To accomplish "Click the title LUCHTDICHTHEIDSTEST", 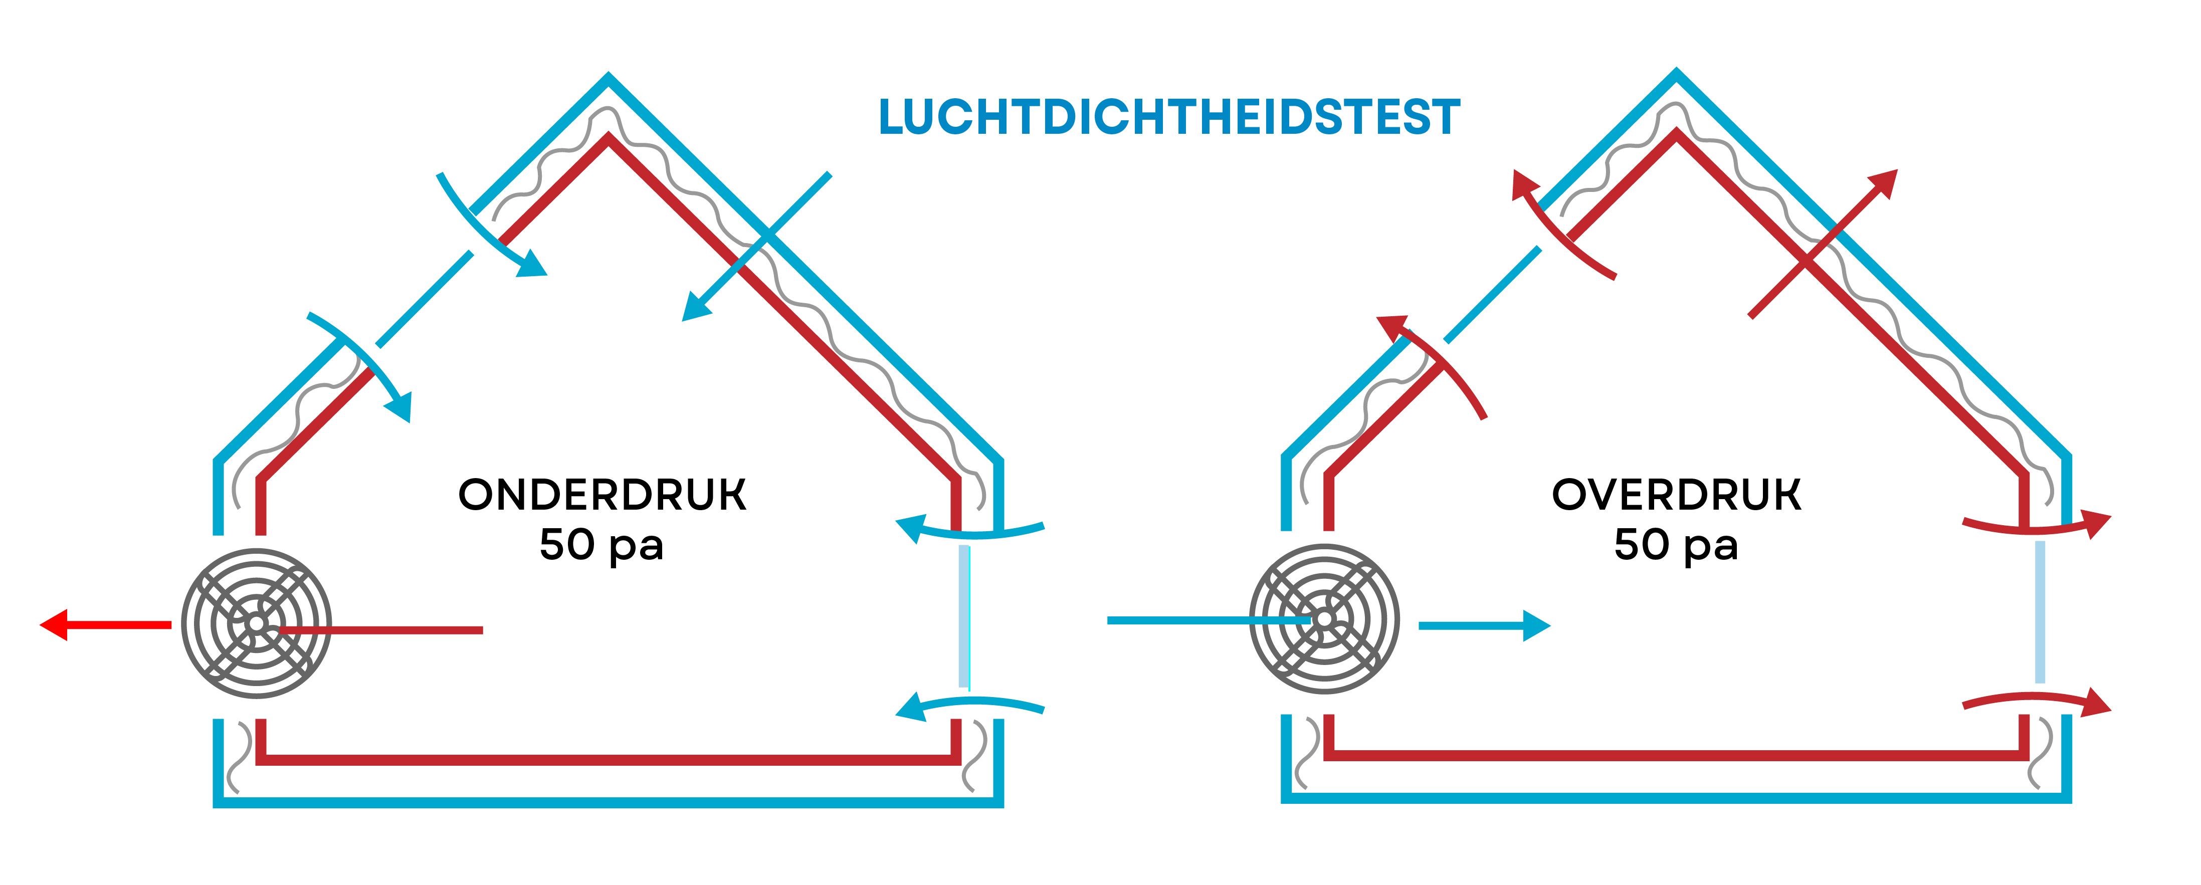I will click(x=1169, y=117).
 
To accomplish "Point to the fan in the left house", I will click(x=256, y=623).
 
